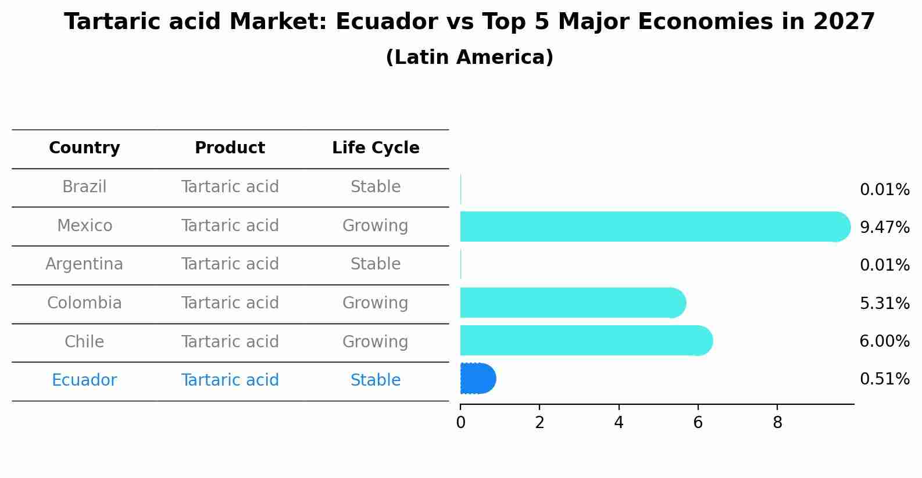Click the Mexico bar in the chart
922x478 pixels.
651,227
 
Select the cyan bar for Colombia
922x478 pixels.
570,303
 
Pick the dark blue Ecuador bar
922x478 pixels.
477,379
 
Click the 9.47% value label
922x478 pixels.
884,227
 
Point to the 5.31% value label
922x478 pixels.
884,303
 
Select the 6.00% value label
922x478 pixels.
884,341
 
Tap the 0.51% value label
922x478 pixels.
884,379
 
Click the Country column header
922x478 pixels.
84,148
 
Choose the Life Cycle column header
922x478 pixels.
376,148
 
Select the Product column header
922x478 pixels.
230,148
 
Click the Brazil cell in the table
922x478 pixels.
84,187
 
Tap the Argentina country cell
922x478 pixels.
84,264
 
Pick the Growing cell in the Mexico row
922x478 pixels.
375,225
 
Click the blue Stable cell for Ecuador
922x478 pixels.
375,380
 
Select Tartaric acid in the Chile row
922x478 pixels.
230,342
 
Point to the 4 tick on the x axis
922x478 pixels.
619,423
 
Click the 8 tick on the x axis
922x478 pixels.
777,423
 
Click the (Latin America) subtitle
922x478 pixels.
469,57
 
